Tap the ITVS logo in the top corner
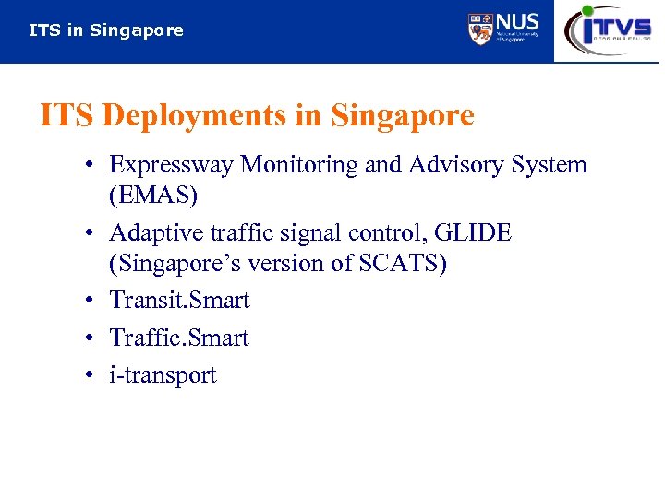point(609,30)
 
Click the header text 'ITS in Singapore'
point(106,30)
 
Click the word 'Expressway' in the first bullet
point(171,165)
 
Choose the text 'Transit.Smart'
point(179,301)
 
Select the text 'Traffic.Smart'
point(179,338)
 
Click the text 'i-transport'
point(163,375)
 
